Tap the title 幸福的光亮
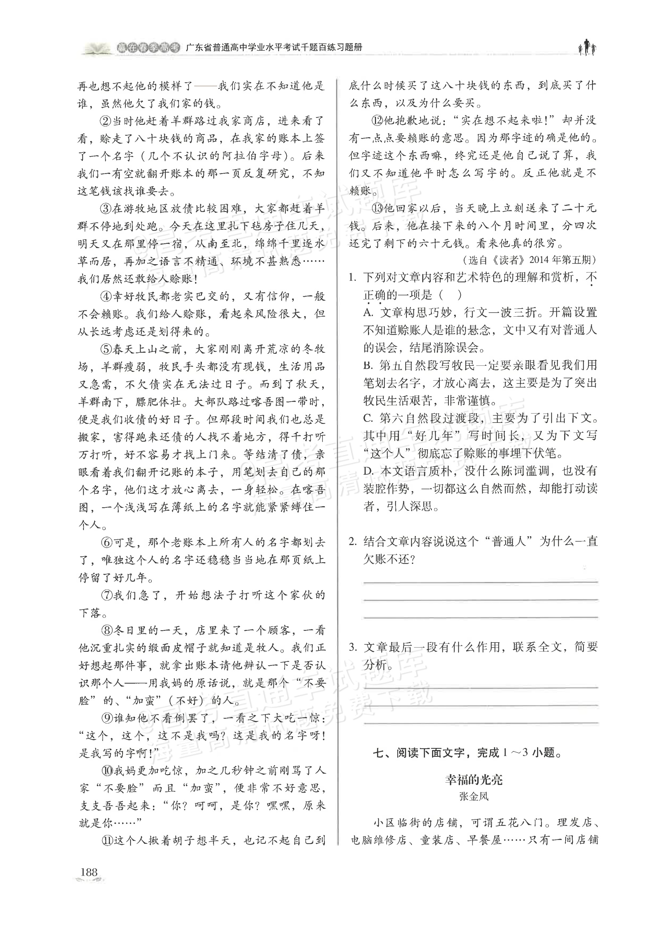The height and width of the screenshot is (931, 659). [x=474, y=779]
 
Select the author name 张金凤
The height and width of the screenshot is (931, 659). [x=474, y=797]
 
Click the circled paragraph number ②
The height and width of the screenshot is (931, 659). [x=105, y=121]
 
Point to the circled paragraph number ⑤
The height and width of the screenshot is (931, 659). [x=105, y=349]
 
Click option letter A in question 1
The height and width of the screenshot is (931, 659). [x=368, y=313]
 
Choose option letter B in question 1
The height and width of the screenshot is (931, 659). [x=368, y=365]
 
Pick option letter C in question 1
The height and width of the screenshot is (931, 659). [x=368, y=418]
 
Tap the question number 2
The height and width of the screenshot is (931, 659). [x=353, y=542]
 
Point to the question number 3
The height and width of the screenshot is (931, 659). [x=353, y=647]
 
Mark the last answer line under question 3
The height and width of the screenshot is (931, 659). [x=481, y=723]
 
